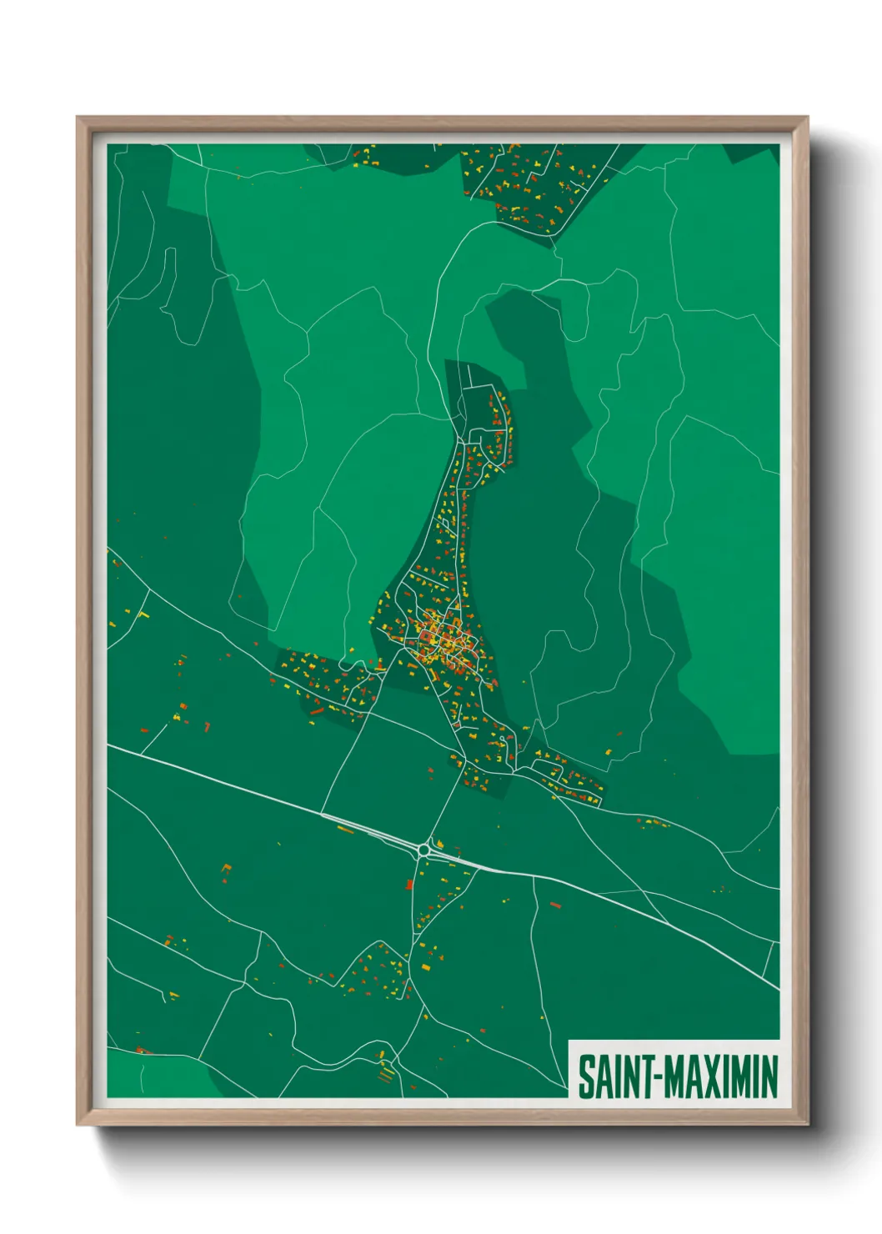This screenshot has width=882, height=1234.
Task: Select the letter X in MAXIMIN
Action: point(717,1076)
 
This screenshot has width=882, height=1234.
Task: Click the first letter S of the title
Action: point(586,1076)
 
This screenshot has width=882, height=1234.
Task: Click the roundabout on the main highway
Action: point(423,850)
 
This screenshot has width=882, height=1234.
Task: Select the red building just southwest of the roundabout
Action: point(409,884)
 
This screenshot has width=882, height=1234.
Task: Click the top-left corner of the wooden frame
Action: point(78,118)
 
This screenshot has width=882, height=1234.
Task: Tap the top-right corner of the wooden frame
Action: point(807,118)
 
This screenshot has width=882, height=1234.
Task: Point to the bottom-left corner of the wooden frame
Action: point(78,1124)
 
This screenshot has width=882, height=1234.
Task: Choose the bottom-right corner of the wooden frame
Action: point(807,1124)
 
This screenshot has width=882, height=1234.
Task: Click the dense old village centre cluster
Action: point(442,640)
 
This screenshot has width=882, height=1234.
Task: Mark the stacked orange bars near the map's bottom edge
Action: point(384,1076)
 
